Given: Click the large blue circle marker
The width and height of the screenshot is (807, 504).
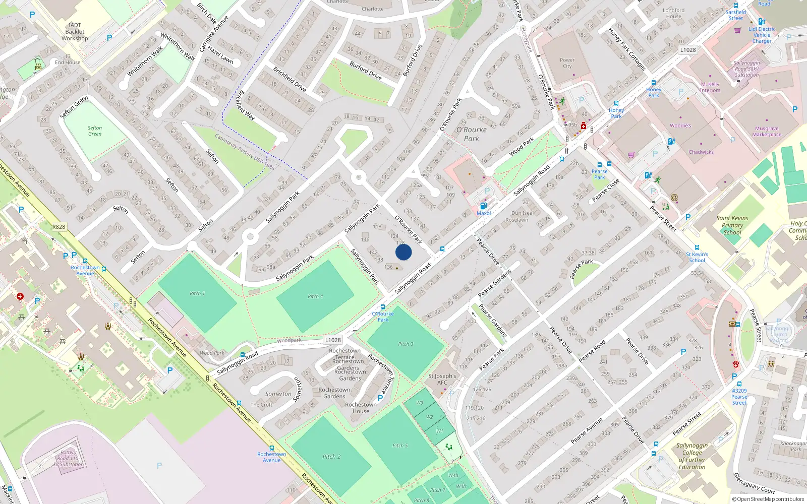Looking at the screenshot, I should tap(403, 252).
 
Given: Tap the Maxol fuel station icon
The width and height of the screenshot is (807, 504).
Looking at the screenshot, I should tap(483, 206).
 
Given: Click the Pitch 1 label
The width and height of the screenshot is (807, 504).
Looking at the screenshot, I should tap(197, 293).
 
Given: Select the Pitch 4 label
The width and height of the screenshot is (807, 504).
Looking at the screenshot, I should tap(315, 296).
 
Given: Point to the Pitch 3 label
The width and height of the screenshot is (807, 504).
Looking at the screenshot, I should tap(406, 344).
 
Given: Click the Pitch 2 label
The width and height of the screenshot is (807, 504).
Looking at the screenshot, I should tap(331, 457).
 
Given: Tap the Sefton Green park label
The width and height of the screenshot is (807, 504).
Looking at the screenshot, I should tap(95, 131).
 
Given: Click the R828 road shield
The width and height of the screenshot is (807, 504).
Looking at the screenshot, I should tap(59, 227).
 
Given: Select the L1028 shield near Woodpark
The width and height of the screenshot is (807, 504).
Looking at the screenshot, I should tap(333, 340).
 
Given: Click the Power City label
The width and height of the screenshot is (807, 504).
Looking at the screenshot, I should tap(567, 63).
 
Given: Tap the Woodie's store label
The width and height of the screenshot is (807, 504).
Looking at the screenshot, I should tap(680, 125).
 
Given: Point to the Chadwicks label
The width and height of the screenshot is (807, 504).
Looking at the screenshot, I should tap(701, 152).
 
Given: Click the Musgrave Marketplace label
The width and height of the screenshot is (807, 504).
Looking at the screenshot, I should tap(767, 132).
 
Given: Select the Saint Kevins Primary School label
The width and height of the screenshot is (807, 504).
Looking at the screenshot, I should tap(732, 225).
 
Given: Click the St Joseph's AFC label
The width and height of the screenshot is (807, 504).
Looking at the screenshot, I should tap(442, 379).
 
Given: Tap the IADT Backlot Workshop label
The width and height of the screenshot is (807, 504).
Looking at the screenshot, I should tap(75, 32).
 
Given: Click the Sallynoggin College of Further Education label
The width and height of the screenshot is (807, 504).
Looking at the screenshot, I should tap(692, 456).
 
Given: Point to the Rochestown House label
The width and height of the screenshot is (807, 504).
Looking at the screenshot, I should tap(361, 408).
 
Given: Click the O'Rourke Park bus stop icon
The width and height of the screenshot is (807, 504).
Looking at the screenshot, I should tap(383, 307).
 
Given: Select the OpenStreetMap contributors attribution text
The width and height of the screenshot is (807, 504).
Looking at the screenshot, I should tap(768, 499).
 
